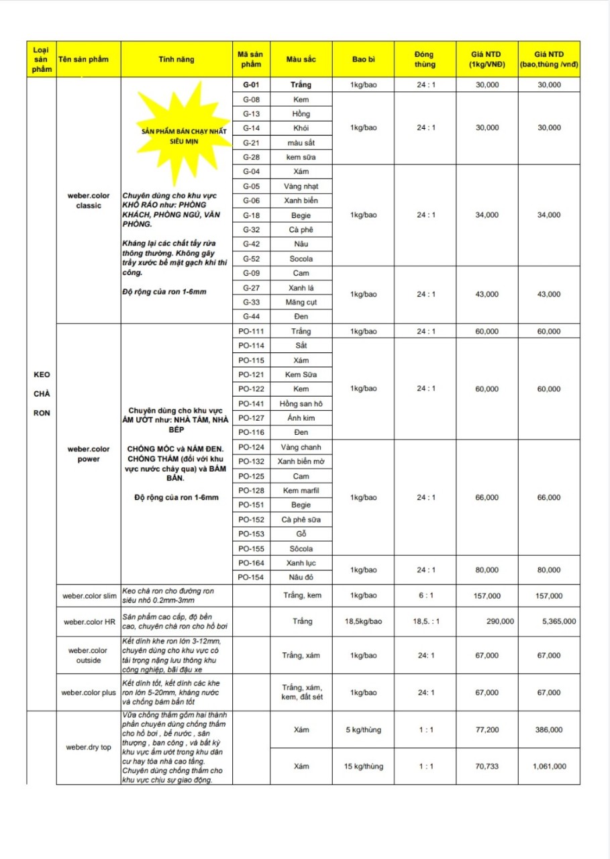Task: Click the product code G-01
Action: (x=251, y=85)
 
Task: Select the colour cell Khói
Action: (x=301, y=128)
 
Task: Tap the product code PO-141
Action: (x=251, y=403)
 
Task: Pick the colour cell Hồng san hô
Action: (x=301, y=403)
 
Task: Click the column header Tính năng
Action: (x=176, y=59)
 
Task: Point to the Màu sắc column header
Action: (x=301, y=59)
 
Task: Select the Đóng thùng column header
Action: (x=424, y=59)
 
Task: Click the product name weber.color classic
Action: (x=89, y=200)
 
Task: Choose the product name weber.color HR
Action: (x=89, y=621)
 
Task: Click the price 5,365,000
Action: (x=558, y=621)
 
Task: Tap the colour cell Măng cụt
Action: (x=301, y=301)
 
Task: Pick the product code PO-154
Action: (x=251, y=577)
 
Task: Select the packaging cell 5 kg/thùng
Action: (x=365, y=729)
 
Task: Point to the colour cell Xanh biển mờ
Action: (x=301, y=462)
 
